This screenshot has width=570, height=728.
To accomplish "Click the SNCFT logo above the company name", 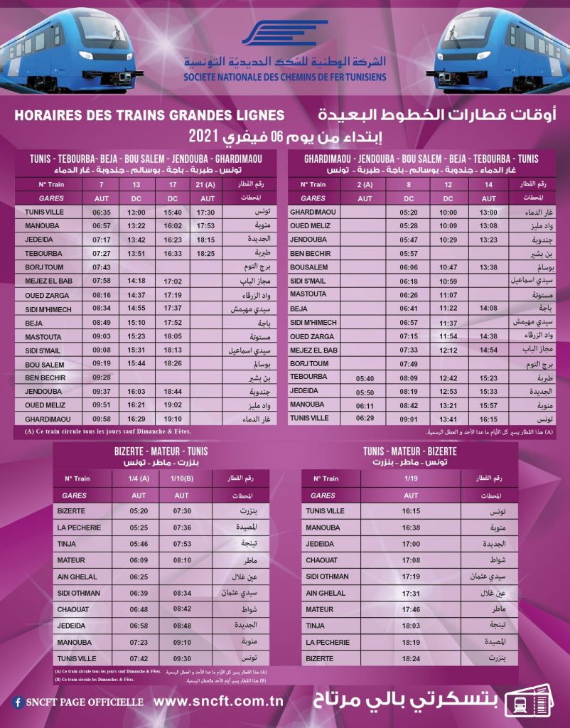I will (284, 34).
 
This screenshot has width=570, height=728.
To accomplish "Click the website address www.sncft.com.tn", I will (219, 702).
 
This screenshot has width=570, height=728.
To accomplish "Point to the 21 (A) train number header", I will (207, 185).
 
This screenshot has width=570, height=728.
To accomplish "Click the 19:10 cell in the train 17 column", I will (173, 419).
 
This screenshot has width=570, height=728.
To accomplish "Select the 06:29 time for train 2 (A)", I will (365, 418).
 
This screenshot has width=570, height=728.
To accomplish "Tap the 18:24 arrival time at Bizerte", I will (411, 659).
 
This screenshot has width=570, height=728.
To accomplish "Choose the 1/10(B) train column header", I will (182, 478).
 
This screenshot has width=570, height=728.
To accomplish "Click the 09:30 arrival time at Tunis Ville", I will (182, 658).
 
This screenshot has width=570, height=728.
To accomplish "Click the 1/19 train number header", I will (411, 478).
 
